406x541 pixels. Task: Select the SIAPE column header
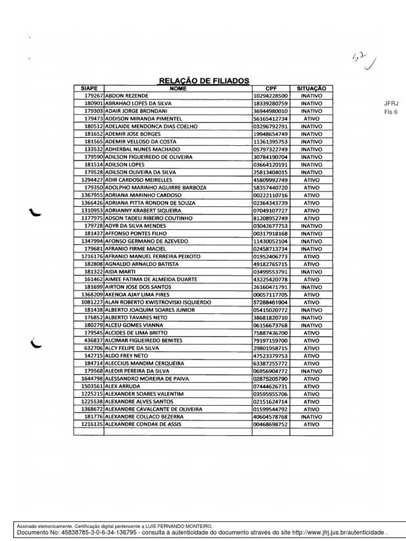[x=89, y=88]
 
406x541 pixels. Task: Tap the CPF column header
[x=271, y=88]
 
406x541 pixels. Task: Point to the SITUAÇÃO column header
[x=311, y=88]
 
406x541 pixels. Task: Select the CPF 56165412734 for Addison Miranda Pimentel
[x=271, y=119]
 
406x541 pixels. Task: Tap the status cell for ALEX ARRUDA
[x=311, y=386]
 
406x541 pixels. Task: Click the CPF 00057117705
[x=271, y=294]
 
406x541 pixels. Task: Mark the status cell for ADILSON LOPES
[x=311, y=164]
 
